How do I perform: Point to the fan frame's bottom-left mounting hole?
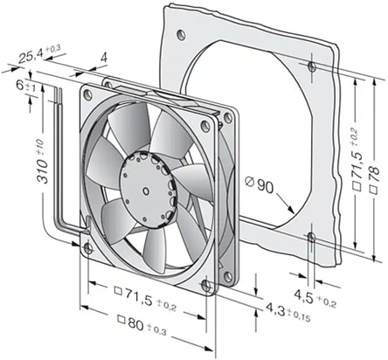[x=87, y=249]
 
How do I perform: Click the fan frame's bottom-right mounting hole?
[x=205, y=283]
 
